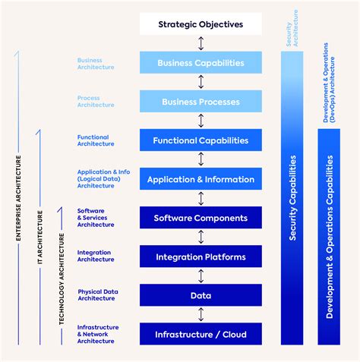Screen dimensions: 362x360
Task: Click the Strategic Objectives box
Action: point(201,24)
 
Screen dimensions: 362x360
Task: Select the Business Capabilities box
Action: point(201,63)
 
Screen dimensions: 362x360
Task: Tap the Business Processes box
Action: point(201,102)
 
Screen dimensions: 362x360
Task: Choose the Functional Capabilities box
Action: point(201,140)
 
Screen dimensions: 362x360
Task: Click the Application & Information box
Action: point(201,179)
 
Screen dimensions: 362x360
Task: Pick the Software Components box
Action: point(201,218)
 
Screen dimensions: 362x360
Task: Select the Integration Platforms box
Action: point(201,257)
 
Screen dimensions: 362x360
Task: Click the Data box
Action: point(201,295)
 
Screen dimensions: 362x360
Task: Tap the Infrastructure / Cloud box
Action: point(201,334)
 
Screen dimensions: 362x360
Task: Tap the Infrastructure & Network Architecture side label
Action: point(98,334)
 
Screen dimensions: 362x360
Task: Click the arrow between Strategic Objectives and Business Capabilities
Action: point(201,43)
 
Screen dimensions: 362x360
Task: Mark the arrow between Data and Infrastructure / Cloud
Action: point(201,314)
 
